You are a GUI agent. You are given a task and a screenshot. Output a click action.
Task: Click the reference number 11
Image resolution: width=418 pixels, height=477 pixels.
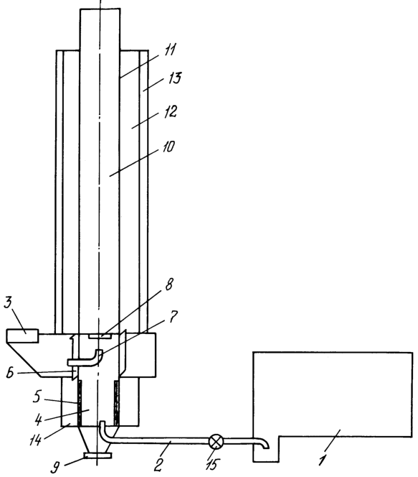point(170,50)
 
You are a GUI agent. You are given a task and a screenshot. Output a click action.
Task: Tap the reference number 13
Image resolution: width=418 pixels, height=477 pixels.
point(174,78)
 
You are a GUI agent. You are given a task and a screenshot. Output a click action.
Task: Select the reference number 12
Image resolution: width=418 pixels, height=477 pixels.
point(170,111)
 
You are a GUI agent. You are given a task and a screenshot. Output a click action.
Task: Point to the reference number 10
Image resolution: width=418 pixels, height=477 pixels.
point(168,147)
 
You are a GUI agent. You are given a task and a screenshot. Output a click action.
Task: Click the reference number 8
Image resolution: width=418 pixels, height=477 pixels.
point(168,284)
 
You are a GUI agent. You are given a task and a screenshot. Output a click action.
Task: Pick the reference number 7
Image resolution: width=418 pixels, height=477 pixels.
point(173,316)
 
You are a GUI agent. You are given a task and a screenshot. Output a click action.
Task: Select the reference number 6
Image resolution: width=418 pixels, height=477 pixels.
point(10,373)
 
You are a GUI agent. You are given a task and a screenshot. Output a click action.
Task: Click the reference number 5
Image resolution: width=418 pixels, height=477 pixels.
point(37,397)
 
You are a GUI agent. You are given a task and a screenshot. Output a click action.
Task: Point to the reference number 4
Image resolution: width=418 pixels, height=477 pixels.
point(38,420)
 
